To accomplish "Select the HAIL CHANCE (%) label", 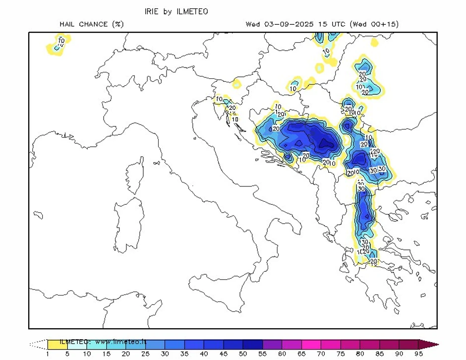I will (x=92, y=24).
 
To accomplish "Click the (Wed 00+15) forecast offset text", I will (x=374, y=24).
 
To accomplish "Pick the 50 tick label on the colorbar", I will (x=243, y=354).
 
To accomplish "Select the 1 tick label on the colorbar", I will (x=48, y=354).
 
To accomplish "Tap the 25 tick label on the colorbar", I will (x=145, y=354).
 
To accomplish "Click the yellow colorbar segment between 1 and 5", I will (x=57, y=344).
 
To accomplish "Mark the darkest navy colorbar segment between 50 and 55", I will (x=253, y=344).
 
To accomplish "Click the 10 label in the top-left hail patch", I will (x=61, y=40).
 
